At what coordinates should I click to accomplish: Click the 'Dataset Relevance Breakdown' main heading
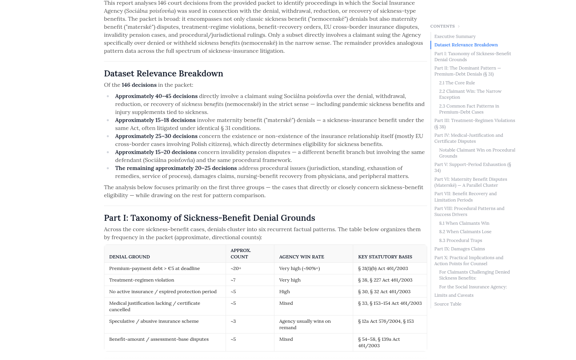coord(163,74)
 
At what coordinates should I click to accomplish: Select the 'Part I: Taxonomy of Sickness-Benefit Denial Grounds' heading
coord(209,218)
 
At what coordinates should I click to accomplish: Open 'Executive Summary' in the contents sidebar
coord(455,36)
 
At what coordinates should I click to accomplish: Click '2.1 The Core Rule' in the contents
coord(457,83)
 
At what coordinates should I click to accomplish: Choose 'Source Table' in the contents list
coord(448,304)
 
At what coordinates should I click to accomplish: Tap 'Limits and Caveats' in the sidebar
coord(454,295)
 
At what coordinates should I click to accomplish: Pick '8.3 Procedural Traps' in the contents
coord(460,240)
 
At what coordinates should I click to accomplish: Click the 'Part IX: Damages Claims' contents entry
coord(459,249)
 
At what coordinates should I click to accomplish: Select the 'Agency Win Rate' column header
coord(301,257)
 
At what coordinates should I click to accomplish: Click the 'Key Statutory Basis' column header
coord(385,257)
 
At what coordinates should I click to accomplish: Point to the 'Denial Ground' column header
coord(129,257)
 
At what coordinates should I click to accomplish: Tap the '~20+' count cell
coord(236,268)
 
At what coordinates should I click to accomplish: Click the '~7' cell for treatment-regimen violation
coord(233,280)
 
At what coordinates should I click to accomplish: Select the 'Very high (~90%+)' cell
coord(299,268)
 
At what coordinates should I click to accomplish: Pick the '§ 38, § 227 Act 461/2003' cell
coord(385,280)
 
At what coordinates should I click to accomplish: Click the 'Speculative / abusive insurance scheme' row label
coord(154,321)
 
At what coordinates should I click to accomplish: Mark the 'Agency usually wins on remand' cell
coord(305,324)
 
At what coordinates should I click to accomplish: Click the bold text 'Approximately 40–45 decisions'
coord(156,96)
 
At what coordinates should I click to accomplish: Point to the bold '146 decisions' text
coord(139,85)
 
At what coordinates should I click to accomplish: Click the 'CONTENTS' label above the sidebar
coord(442,26)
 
